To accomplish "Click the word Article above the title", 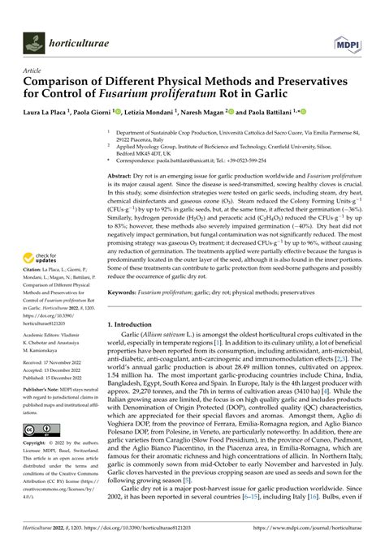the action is coord(32,71).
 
